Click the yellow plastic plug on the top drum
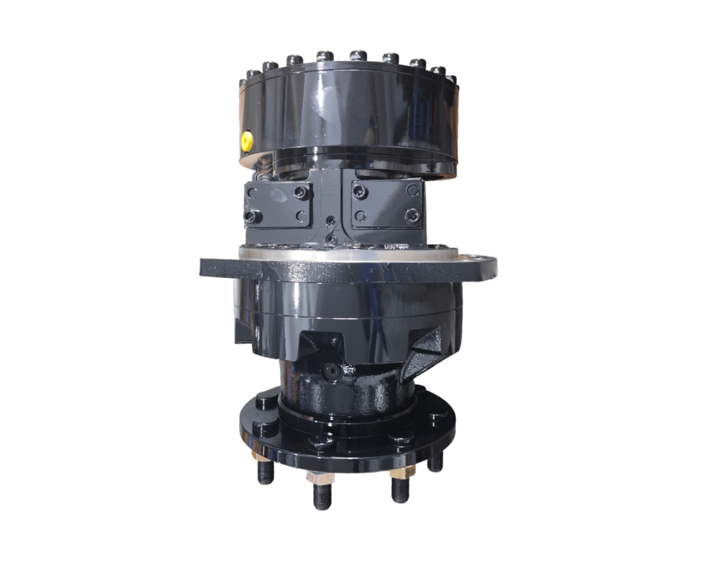pyautogui.click(x=246, y=140)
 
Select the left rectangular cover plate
pyautogui.click(x=279, y=203)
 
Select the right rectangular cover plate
pyautogui.click(x=386, y=203)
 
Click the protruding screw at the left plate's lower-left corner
pyautogui.click(x=251, y=216)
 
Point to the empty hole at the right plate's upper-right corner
pyautogui.click(x=412, y=190)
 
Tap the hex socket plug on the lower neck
pyautogui.click(x=331, y=371)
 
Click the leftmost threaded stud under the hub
pyautogui.click(x=266, y=471)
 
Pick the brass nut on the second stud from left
pyautogui.click(x=316, y=477)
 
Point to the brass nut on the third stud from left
pyautogui.click(x=399, y=473)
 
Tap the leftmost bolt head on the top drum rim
pyautogui.click(x=252, y=75)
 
